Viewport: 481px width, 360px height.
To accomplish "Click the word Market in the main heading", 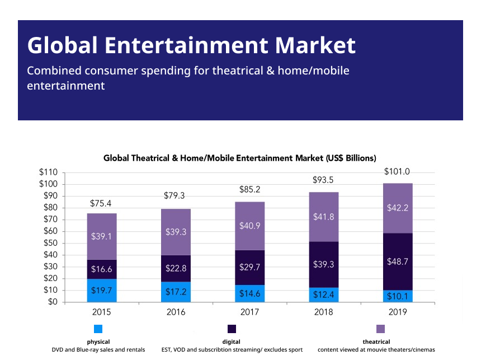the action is pyautogui.click(x=315, y=45).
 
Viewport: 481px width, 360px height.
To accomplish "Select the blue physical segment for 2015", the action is pyautogui.click(x=102, y=290).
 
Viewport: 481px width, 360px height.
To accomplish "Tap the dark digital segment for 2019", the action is pyautogui.click(x=398, y=261).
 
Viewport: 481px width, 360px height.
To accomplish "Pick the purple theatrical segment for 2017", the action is pyautogui.click(x=249, y=226).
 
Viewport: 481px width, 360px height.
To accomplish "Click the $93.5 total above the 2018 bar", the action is pyautogui.click(x=323, y=180).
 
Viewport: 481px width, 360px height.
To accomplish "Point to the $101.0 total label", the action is pyautogui.click(x=397, y=171).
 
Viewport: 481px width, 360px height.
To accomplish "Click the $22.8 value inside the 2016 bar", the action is pyautogui.click(x=176, y=269).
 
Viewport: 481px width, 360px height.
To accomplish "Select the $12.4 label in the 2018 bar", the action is pyautogui.click(x=324, y=295).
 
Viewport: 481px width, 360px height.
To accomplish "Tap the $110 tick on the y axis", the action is pyautogui.click(x=48, y=172).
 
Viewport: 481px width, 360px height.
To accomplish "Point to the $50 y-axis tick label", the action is pyautogui.click(x=50, y=243).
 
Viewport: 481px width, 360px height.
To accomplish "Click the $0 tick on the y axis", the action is pyautogui.click(x=53, y=302).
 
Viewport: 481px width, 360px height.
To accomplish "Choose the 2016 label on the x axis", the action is pyautogui.click(x=176, y=312).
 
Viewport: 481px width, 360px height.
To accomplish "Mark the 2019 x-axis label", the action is pyautogui.click(x=398, y=312).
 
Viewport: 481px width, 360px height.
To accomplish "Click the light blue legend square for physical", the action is pyautogui.click(x=98, y=329).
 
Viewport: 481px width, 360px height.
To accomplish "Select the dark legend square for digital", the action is pyautogui.click(x=232, y=329).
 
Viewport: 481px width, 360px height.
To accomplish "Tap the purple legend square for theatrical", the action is pyautogui.click(x=380, y=329).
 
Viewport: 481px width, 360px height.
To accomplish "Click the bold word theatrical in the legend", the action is pyautogui.click(x=376, y=342).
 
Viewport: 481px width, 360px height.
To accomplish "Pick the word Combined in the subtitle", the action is pyautogui.click(x=55, y=71).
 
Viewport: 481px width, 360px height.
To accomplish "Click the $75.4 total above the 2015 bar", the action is pyautogui.click(x=101, y=203).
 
